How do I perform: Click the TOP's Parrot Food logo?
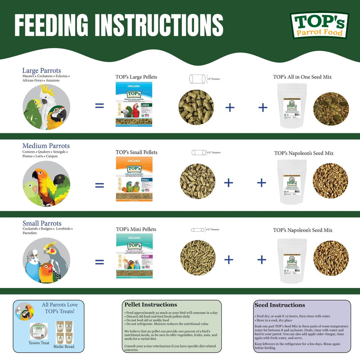(319, 25)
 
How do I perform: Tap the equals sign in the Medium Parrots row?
(99, 184)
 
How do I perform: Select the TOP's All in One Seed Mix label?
(302, 77)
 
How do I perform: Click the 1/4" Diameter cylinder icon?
(197, 80)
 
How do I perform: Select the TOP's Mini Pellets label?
(136, 229)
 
